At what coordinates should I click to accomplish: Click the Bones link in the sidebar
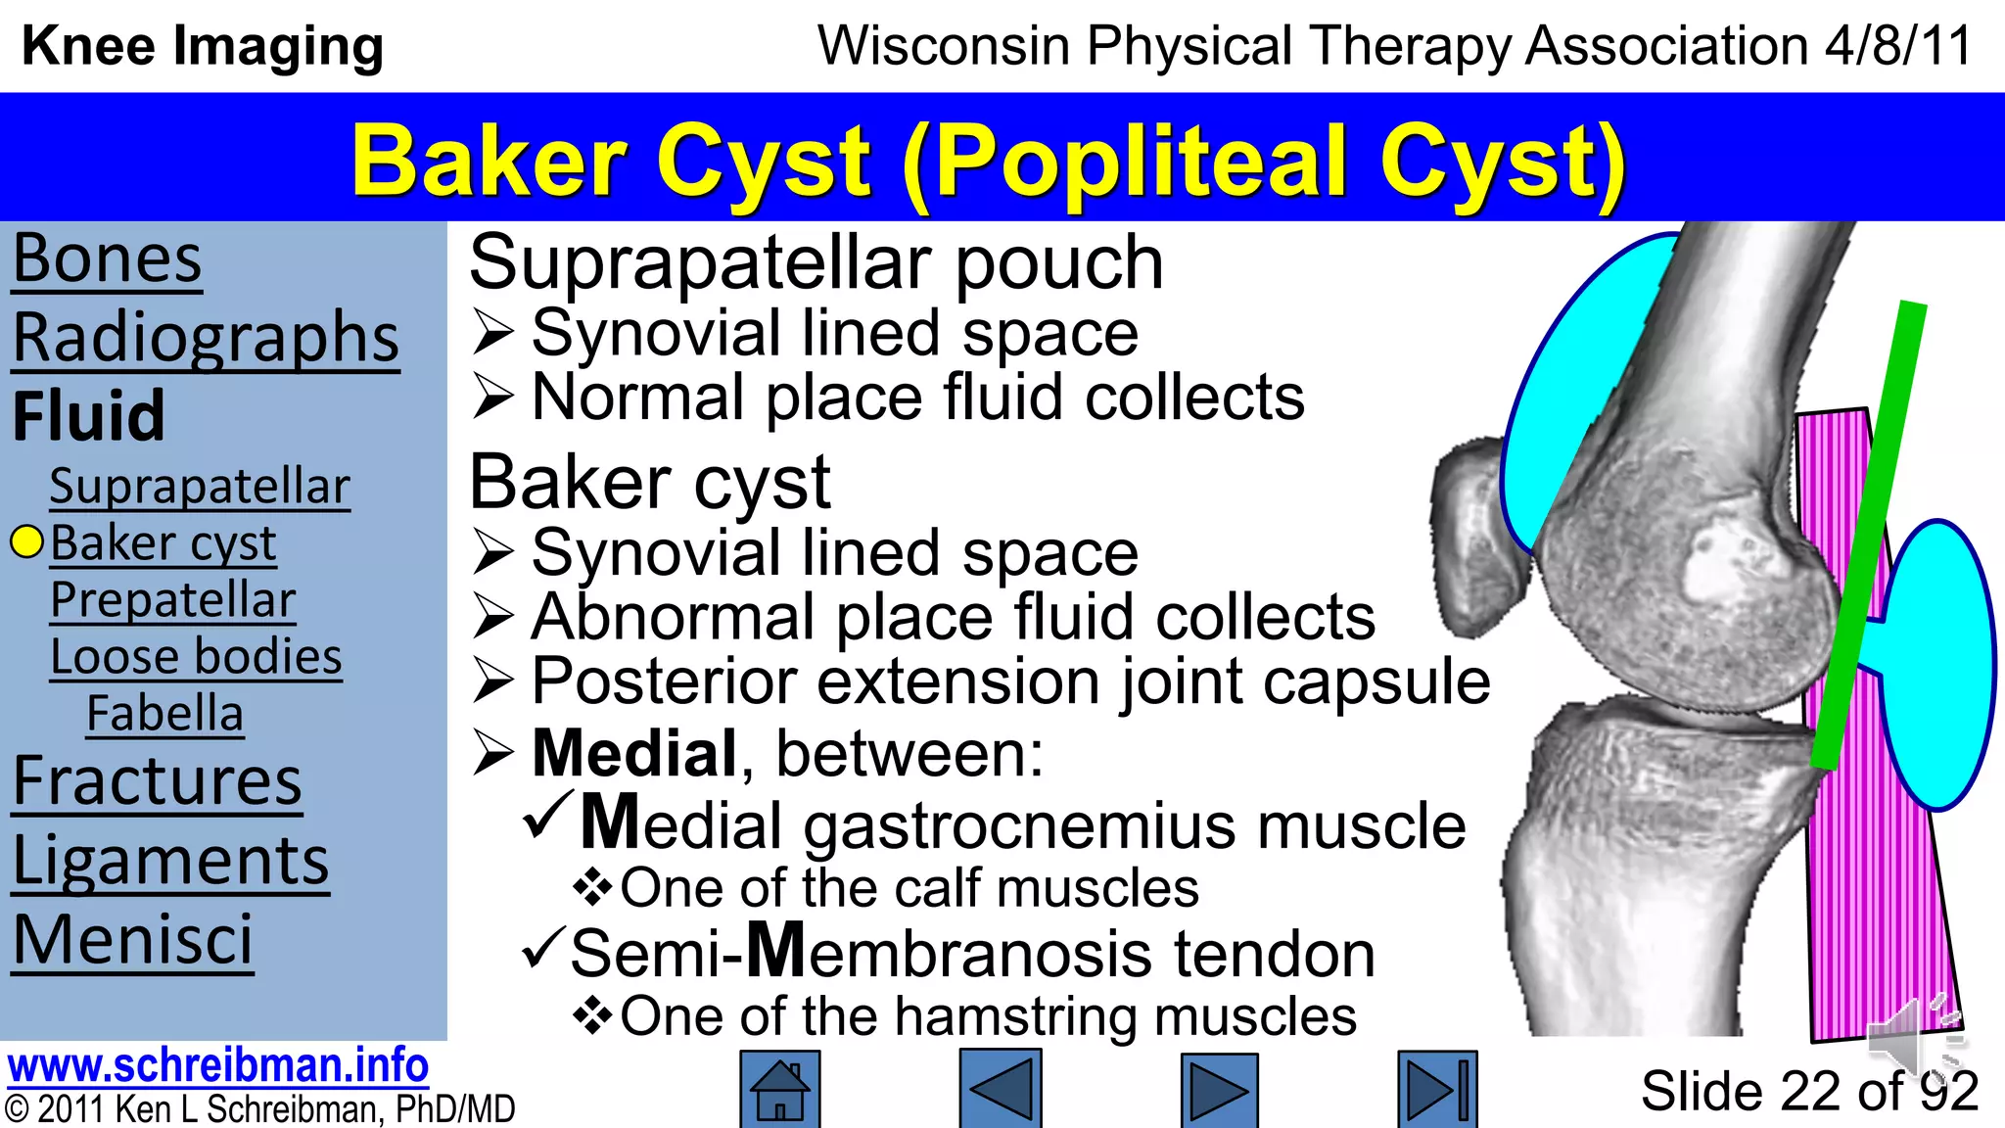coord(108,259)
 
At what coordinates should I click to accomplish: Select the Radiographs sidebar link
coord(206,339)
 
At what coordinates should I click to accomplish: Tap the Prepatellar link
coord(172,599)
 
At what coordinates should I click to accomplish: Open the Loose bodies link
coord(196,656)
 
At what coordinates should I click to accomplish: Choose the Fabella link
coord(164,713)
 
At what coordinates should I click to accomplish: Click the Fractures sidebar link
coord(157,781)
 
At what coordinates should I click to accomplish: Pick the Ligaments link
coord(170,862)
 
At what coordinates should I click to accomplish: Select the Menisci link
coord(132,940)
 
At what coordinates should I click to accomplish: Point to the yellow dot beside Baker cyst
coord(27,542)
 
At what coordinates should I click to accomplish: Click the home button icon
coord(779,1089)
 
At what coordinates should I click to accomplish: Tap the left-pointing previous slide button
coord(1000,1089)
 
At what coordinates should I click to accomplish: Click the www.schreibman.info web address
coord(217,1065)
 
